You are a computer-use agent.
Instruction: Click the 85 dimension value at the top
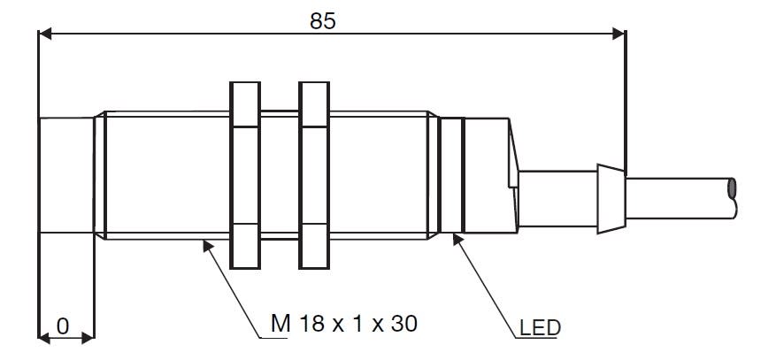(323, 20)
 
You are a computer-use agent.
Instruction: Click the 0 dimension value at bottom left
(63, 327)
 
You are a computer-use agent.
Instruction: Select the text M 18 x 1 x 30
(344, 324)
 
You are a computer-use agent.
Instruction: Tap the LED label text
(540, 327)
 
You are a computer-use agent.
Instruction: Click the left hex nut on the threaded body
(245, 175)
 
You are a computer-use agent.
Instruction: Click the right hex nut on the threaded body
(314, 175)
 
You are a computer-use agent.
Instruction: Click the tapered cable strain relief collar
(611, 199)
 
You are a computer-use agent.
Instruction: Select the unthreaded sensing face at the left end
(65, 175)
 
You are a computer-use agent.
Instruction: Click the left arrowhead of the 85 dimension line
(45, 34)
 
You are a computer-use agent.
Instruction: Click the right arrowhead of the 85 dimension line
(619, 34)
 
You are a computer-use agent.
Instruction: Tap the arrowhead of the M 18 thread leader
(208, 245)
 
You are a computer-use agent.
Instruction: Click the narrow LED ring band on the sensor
(451, 175)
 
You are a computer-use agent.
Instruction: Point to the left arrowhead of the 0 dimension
(44, 338)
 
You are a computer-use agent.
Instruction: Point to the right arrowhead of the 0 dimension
(88, 338)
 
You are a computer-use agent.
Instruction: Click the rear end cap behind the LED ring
(489, 175)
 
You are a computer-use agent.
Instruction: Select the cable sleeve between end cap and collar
(557, 199)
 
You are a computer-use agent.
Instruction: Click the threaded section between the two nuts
(280, 175)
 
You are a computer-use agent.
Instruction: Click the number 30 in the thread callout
(404, 324)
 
